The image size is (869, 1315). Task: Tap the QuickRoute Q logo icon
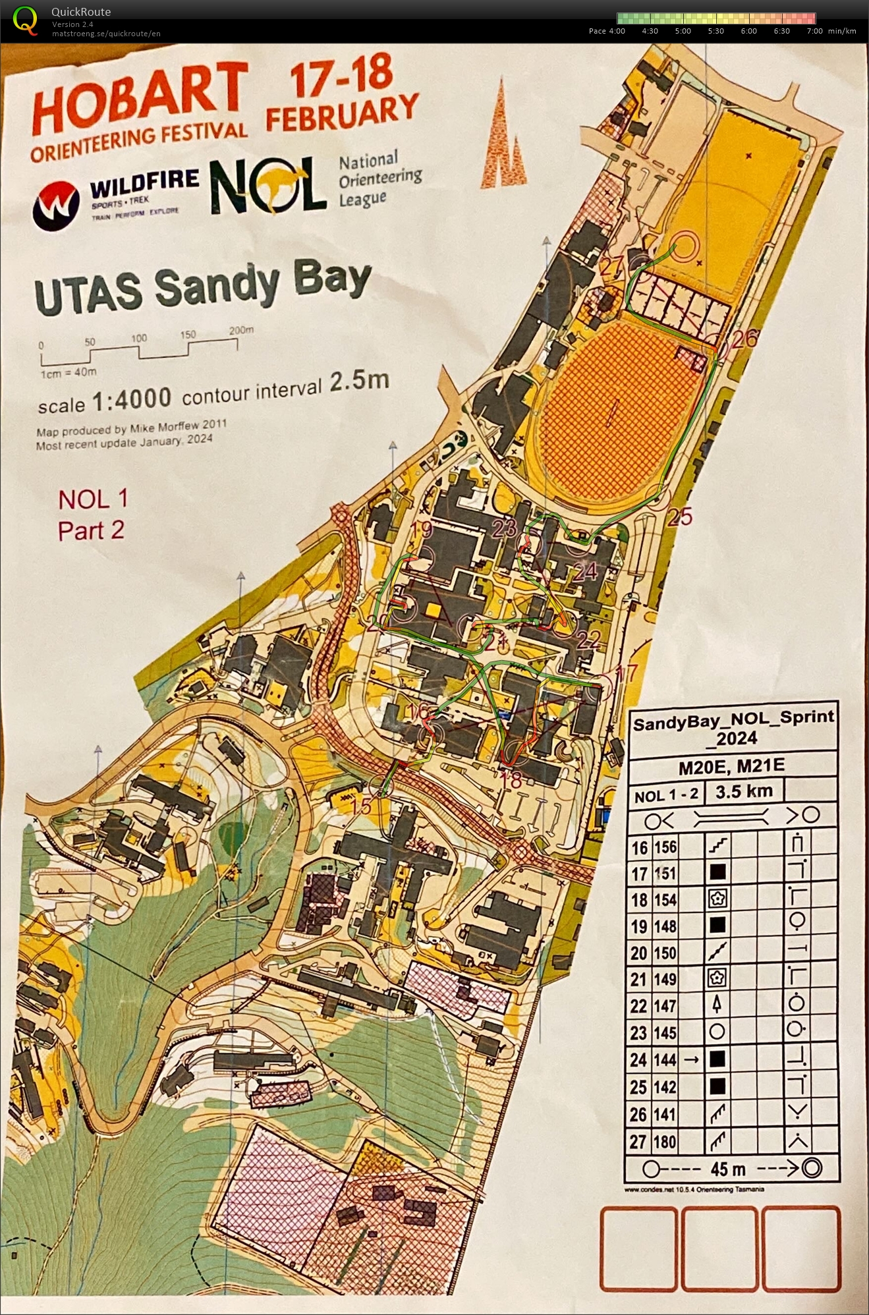click(x=25, y=20)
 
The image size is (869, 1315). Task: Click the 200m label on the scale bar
click(x=241, y=330)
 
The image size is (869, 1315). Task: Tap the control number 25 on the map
click(x=680, y=517)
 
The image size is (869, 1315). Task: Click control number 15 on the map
click(x=361, y=806)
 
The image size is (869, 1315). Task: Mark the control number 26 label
click(x=744, y=339)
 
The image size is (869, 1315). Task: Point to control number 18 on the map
click(x=512, y=780)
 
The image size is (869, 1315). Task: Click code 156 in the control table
click(x=665, y=847)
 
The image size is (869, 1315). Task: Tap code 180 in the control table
click(x=665, y=1141)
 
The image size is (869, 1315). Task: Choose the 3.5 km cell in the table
click(x=744, y=792)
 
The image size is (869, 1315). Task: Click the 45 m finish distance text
click(x=728, y=1169)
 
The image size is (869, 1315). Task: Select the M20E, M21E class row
click(x=731, y=766)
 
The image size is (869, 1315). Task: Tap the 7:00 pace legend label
click(x=814, y=31)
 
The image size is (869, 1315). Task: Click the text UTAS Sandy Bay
click(x=203, y=288)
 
